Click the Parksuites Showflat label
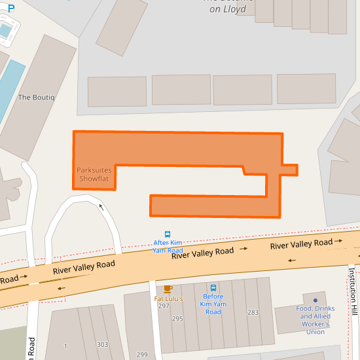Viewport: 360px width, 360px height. point(94,174)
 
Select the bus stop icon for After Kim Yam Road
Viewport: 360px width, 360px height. point(168,234)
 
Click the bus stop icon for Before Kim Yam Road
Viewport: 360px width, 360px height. point(213,287)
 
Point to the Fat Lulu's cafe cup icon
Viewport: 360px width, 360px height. point(168,289)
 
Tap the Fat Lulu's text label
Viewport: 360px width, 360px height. point(168,298)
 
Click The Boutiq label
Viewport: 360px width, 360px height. point(37,98)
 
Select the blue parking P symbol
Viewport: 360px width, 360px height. point(10,9)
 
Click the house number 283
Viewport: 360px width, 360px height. point(253,312)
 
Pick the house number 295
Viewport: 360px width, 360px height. point(177,319)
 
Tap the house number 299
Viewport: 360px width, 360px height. point(142,354)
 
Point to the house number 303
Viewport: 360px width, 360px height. point(102,345)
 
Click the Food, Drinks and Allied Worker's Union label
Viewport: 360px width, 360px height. point(315,320)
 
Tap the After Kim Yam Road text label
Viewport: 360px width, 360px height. point(168,246)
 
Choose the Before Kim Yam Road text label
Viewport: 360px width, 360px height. point(213,304)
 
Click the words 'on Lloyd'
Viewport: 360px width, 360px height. point(228,10)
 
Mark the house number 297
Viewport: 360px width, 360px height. point(164,306)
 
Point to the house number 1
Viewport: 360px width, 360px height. point(65,345)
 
